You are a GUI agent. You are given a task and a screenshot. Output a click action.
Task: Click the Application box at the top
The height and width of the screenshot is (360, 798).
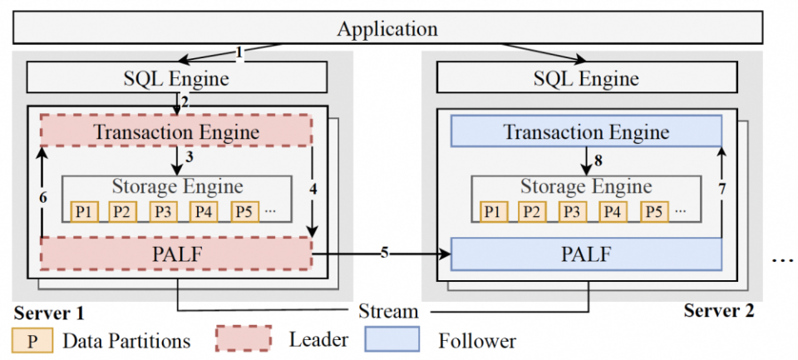click(x=387, y=29)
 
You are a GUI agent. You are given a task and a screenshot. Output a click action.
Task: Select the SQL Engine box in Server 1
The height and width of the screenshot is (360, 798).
click(x=176, y=79)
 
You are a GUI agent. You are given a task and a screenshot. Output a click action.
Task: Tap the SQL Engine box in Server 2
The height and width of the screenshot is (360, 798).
click(x=586, y=79)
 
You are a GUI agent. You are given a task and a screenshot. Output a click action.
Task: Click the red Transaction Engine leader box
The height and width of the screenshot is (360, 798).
click(x=176, y=131)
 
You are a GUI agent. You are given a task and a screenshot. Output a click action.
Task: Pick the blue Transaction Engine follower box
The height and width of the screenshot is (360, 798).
click(x=586, y=131)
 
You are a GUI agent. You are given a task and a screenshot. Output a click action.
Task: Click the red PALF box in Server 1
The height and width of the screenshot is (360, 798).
click(x=176, y=253)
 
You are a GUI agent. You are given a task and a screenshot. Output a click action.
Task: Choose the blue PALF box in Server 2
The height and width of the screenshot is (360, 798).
click(x=586, y=253)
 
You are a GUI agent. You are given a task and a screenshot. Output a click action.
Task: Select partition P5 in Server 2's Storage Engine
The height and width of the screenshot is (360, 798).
click(x=655, y=211)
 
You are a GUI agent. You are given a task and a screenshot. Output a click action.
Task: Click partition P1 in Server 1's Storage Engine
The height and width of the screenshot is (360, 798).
click(x=84, y=211)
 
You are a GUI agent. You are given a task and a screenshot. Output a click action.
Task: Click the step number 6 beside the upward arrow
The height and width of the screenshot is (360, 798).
click(x=33, y=196)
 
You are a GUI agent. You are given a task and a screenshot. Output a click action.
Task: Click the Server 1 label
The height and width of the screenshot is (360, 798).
click(x=48, y=313)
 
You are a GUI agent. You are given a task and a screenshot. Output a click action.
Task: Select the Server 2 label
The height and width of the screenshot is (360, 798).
click(x=719, y=311)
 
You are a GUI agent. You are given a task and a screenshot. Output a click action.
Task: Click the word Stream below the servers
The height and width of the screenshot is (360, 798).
click(x=388, y=313)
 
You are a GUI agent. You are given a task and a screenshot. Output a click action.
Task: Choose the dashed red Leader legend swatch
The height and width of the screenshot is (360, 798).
click(x=243, y=338)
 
